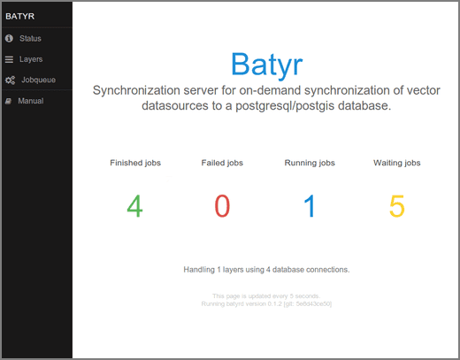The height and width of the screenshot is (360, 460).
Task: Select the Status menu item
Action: point(31,39)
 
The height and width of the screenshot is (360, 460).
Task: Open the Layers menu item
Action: point(31,59)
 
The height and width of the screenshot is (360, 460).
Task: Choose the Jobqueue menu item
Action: point(37,80)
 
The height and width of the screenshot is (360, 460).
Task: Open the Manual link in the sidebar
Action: point(32,101)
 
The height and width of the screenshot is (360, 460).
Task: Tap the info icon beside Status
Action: point(9,39)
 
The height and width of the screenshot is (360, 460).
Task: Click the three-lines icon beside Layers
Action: point(9,59)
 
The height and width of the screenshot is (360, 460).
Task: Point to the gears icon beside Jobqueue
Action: point(9,80)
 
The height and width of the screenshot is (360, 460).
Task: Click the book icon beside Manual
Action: point(9,101)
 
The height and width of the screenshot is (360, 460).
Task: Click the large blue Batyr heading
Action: point(266,64)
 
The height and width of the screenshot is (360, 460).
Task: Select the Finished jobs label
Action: point(134,163)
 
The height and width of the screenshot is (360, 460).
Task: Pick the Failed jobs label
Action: point(222,163)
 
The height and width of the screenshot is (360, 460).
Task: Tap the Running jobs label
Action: point(310,163)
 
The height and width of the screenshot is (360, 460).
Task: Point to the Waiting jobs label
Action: point(397,163)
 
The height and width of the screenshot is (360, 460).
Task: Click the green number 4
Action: point(134,206)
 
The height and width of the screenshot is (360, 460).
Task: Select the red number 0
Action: point(222,206)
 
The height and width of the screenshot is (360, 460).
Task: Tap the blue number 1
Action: point(310,206)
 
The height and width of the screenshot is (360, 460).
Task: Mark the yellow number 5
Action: point(397,206)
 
